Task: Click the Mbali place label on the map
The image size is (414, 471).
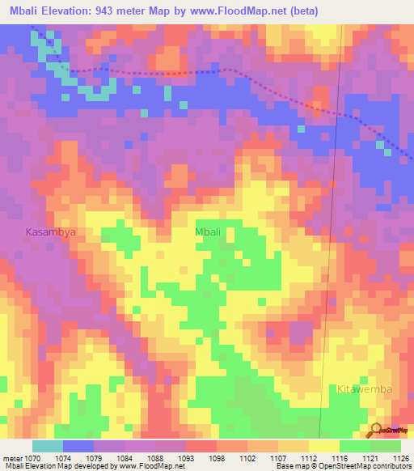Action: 208,232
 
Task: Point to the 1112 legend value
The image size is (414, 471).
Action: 308,457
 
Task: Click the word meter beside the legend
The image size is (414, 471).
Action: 10,457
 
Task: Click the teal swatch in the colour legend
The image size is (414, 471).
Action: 47,446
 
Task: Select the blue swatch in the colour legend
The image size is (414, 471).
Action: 78,446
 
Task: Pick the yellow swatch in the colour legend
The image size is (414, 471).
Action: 323,446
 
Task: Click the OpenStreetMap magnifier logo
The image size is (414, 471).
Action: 377,430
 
